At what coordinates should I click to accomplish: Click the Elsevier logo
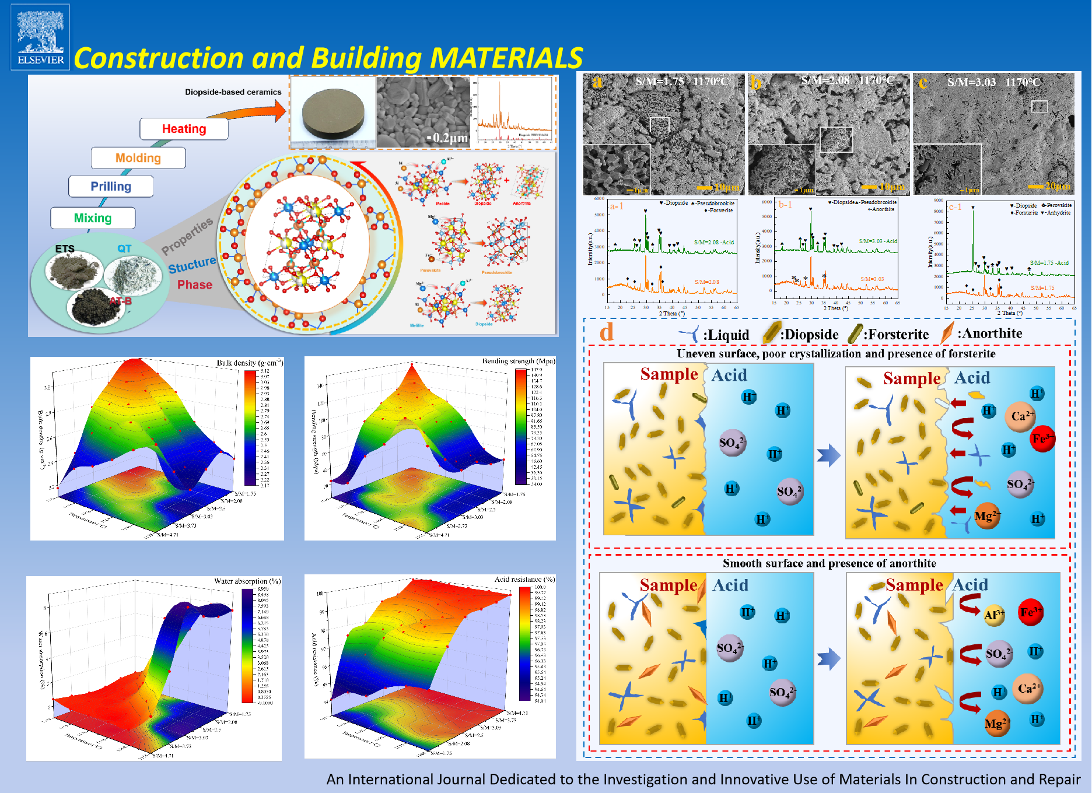[x=40, y=37]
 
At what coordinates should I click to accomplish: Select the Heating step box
[x=184, y=129]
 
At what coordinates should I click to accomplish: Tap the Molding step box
[x=138, y=158]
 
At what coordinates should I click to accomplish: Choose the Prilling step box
[x=111, y=187]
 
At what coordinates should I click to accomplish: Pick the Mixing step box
[x=93, y=218]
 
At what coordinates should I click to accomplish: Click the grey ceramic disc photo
[x=333, y=114]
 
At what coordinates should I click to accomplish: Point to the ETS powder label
[x=65, y=248]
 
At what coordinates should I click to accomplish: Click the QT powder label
[x=124, y=248]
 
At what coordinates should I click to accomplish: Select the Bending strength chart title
[x=518, y=361]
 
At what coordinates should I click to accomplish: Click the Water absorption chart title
[x=247, y=581]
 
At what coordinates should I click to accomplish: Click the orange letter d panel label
[x=607, y=332]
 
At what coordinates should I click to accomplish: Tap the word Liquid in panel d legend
[x=726, y=335]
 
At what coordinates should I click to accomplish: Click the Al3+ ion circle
[x=994, y=615]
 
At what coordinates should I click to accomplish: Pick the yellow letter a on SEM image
[x=597, y=82]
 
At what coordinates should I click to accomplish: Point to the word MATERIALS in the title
[x=506, y=58]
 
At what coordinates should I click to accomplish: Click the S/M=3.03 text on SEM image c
[x=971, y=82]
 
